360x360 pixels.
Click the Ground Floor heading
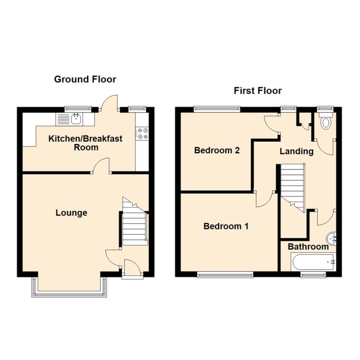[85, 79]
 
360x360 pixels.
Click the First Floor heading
[258, 91]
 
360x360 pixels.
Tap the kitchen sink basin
[77, 119]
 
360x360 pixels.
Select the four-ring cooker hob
[142, 134]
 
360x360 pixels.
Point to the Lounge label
[72, 213]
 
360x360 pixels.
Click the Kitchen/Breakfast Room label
[86, 143]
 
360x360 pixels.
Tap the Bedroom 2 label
[217, 151]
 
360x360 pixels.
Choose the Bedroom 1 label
[226, 226]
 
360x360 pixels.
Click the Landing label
[296, 151]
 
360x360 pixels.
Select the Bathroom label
[308, 247]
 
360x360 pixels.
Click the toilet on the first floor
[326, 121]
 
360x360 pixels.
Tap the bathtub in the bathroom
[313, 262]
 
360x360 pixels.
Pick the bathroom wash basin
[331, 238]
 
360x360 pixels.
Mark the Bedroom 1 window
[225, 274]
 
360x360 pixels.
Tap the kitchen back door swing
[109, 102]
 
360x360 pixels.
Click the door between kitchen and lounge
[101, 166]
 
